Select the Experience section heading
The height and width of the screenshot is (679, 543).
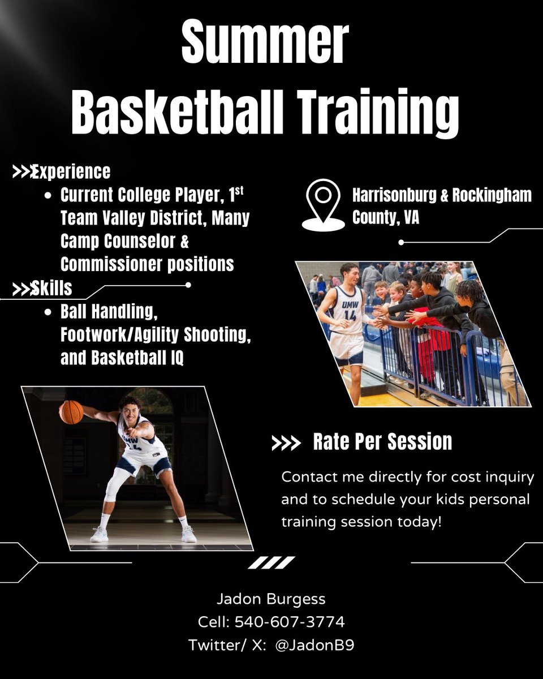pos(71,171)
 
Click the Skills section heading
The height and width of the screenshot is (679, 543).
pos(51,288)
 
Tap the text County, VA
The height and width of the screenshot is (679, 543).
pos(385,217)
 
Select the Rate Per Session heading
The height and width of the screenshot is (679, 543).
pos(382,442)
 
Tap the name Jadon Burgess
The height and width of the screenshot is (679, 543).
pos(271,599)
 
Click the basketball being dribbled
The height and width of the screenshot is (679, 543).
pos(71,412)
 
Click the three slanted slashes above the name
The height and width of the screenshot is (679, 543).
pos(271,562)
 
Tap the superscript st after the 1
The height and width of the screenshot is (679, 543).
pos(239,191)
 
